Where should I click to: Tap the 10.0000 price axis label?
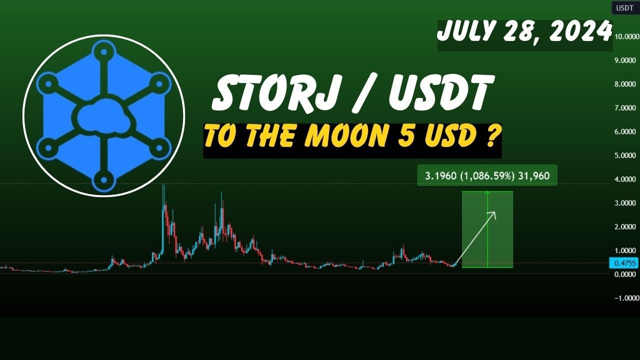(627, 36)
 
